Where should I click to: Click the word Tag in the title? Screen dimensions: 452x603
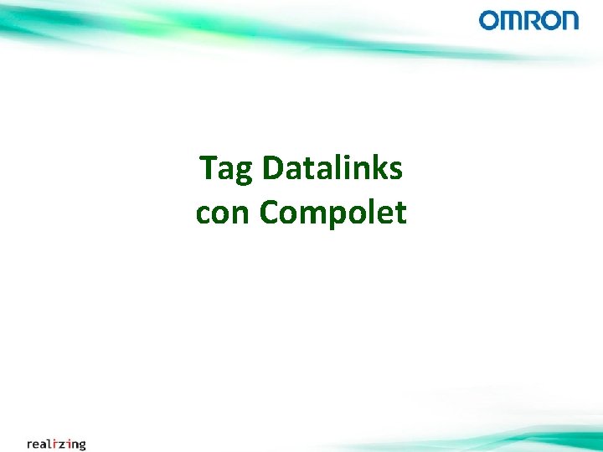pos(226,169)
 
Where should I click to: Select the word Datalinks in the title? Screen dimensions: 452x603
pos(332,169)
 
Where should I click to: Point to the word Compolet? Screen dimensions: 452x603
pos(333,213)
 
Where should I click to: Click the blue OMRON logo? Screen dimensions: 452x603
pos(528,20)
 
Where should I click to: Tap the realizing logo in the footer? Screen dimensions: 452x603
pos(56,443)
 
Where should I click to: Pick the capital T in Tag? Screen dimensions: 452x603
pos(209,169)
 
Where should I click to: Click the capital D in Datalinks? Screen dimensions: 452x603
pos(272,169)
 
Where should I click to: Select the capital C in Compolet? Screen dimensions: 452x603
pos(268,213)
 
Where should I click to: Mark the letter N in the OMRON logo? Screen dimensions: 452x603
pos(569,20)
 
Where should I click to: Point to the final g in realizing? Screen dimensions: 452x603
pos(81,444)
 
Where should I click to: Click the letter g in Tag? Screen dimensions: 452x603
pos(243,172)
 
